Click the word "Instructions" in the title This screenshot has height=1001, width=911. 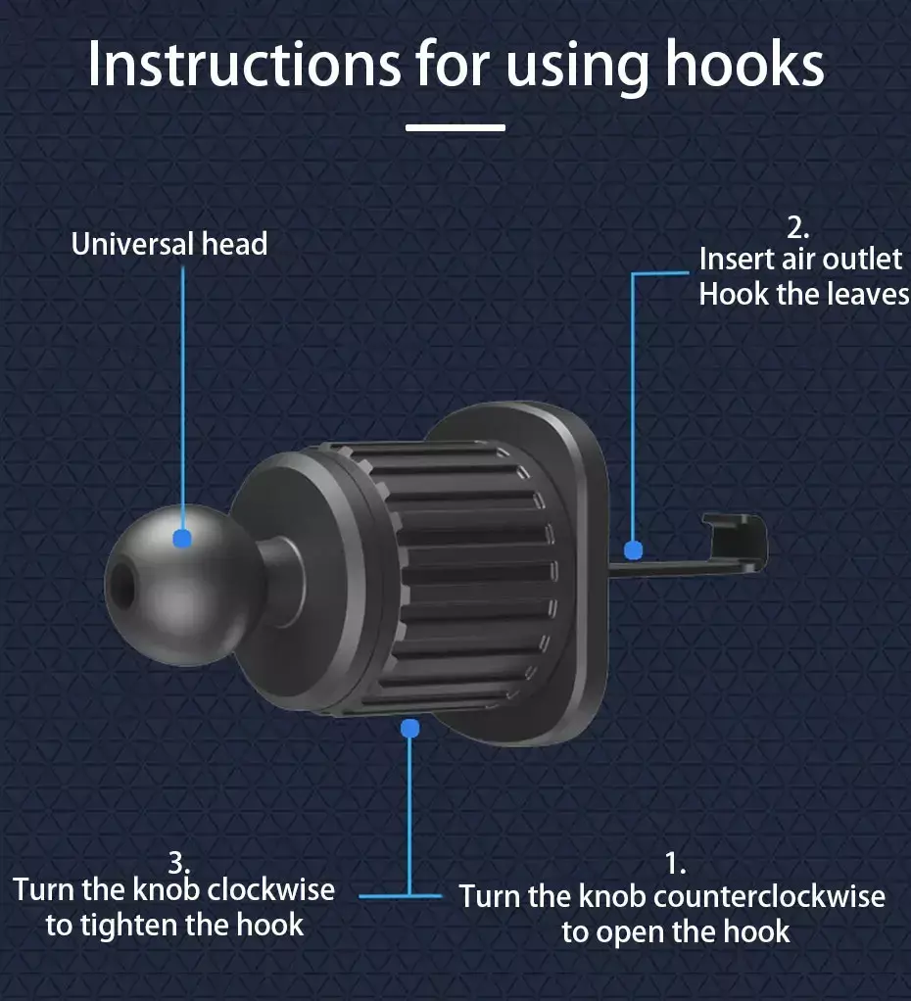click(245, 64)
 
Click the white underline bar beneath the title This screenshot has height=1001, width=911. click(455, 127)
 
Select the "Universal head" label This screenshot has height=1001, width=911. click(169, 244)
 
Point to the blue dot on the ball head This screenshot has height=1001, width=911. click(182, 538)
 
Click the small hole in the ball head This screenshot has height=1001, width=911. click(121, 586)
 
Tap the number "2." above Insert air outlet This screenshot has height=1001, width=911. click(798, 228)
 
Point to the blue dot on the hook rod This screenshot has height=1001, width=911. click(634, 549)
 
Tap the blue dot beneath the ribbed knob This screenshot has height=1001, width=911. click(409, 729)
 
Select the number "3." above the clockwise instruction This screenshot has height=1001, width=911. click(179, 864)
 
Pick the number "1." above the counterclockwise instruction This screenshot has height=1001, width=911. click(676, 864)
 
